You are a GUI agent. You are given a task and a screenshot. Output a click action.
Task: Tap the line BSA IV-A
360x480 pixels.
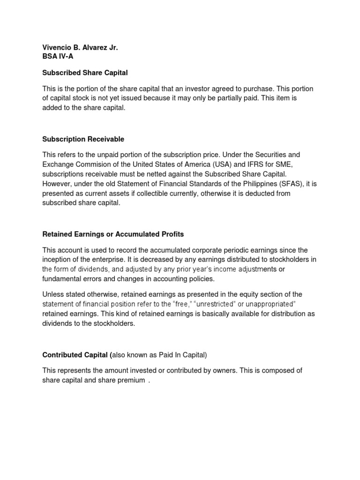coord(58,56)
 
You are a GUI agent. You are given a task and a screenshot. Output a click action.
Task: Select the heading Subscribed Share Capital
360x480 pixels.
coord(85,73)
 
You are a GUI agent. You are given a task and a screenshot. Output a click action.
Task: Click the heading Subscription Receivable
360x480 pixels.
coord(83,139)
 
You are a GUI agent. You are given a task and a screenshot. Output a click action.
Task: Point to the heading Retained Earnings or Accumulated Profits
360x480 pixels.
coord(113,234)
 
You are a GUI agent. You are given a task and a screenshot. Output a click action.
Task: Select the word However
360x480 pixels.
coord(57,184)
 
